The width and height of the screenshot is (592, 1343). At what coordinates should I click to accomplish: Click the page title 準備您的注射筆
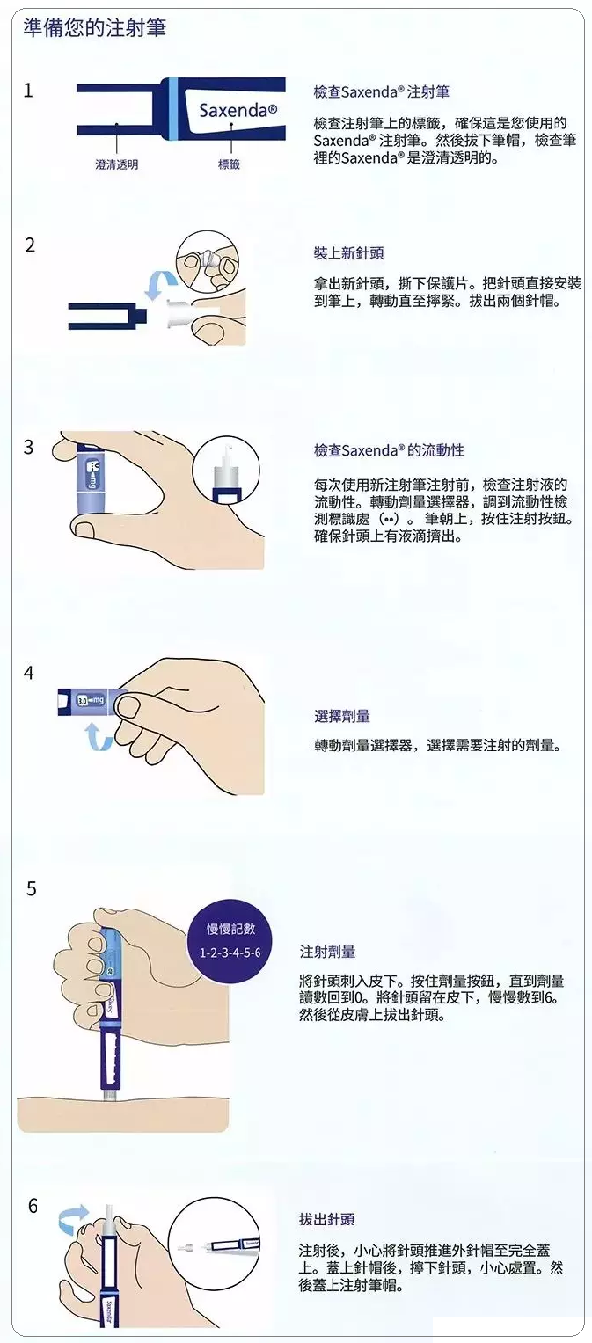pyautogui.click(x=95, y=28)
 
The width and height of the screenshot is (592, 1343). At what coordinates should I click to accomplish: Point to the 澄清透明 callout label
pyautogui.click(x=116, y=164)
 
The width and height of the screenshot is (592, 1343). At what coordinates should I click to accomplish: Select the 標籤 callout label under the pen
pyautogui.click(x=229, y=164)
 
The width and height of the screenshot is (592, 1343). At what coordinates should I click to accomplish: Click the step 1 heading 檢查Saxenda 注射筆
pyautogui.click(x=382, y=92)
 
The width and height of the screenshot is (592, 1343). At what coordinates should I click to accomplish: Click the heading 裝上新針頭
pyautogui.click(x=348, y=253)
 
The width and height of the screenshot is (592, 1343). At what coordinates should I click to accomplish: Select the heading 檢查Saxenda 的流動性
pyautogui.click(x=389, y=450)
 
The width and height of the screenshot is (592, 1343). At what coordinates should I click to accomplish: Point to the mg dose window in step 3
pyautogui.click(x=94, y=474)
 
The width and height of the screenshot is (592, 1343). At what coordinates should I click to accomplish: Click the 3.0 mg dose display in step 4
pyautogui.click(x=90, y=700)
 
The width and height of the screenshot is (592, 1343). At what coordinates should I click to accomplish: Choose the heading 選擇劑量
pyautogui.click(x=342, y=715)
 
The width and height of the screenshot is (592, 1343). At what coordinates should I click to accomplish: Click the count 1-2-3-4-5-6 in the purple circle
pyautogui.click(x=230, y=953)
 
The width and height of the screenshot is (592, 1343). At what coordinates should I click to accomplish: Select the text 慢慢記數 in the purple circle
pyautogui.click(x=231, y=928)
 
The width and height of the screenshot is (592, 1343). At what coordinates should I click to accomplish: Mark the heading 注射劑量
pyautogui.click(x=328, y=951)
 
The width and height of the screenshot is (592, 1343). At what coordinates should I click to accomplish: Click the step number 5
pyautogui.click(x=32, y=888)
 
